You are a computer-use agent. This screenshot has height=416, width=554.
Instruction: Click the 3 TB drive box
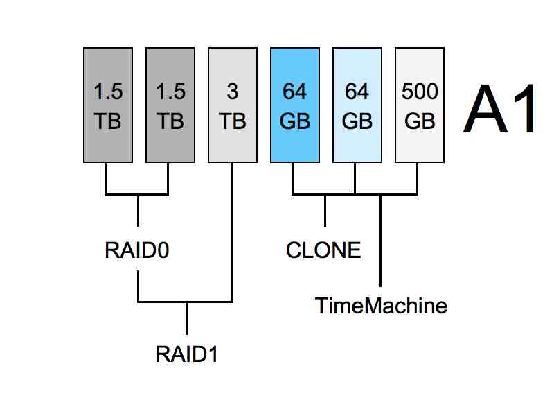coord(232,105)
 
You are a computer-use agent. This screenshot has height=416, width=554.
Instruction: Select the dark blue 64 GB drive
coord(294,105)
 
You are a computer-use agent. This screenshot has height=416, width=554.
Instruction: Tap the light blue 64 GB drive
coord(357,105)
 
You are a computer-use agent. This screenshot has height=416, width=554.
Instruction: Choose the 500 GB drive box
coord(419,105)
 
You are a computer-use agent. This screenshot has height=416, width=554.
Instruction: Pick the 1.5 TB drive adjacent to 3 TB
coord(170,105)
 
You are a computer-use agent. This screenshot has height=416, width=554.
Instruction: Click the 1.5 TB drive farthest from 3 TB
coord(107,105)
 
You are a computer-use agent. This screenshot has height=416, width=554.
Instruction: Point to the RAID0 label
coord(137,250)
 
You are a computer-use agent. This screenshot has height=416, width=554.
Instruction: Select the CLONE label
coord(323,250)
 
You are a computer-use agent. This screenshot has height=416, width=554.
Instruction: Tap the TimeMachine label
coord(381,305)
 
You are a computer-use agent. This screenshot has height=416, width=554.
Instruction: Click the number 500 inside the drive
coord(419,92)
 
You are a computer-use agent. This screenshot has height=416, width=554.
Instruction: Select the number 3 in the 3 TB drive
coord(232,92)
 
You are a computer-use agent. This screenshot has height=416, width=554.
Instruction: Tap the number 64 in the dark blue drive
coord(294,92)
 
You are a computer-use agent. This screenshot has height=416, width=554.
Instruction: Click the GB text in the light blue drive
coord(357,121)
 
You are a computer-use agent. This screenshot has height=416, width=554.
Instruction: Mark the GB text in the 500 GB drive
coord(419,121)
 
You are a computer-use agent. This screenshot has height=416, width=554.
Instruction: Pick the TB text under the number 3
coord(232,121)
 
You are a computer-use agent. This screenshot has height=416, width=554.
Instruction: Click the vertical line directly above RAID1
coord(186,318)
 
